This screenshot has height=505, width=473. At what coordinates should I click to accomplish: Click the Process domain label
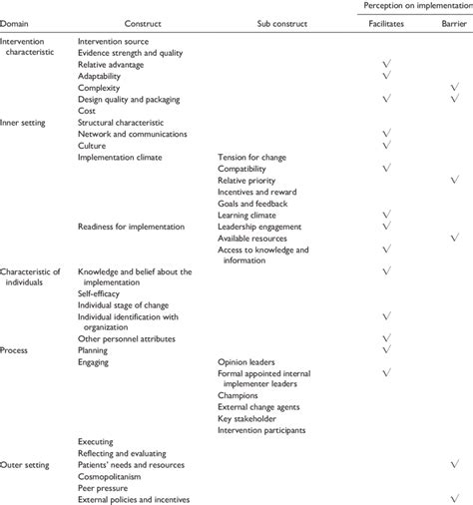[17, 350]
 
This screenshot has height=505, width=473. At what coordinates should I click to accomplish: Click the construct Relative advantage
[112, 64]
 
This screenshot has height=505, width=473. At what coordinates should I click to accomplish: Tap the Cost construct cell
[87, 111]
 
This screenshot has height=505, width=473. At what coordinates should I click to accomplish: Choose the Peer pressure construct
[102, 488]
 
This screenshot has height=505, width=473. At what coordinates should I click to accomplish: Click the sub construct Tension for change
[250, 157]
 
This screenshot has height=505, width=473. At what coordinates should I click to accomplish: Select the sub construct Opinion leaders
[246, 361]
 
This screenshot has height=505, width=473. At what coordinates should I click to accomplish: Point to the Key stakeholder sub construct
[247, 418]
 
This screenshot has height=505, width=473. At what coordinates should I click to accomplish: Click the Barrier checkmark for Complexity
[454, 88]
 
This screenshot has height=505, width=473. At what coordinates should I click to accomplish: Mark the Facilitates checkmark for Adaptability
[384, 76]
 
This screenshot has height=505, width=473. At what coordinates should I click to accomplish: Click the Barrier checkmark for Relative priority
[454, 180]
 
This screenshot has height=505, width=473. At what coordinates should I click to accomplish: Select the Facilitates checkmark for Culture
[384, 145]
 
